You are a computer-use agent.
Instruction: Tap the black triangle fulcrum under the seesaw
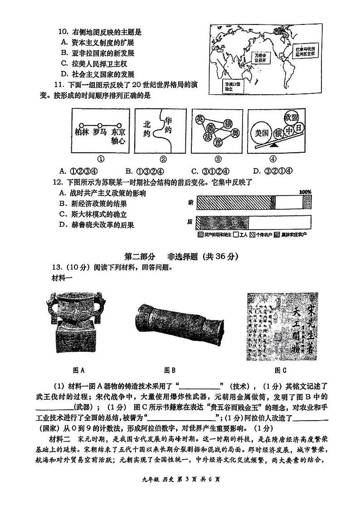click(274, 147)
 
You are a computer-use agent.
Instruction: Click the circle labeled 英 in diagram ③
click(199, 119)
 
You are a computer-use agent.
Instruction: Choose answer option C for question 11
click(210, 171)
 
